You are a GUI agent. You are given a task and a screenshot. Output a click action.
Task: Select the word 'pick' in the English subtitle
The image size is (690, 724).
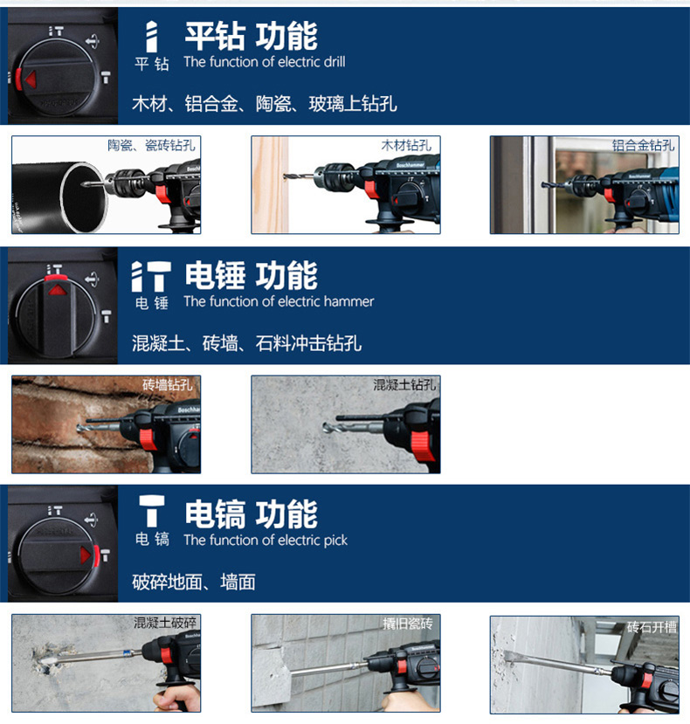[x=335, y=541]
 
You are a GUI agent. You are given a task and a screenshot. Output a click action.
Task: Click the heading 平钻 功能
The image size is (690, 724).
[x=252, y=36]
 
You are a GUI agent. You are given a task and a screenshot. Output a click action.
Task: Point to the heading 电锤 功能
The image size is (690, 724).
[x=252, y=275]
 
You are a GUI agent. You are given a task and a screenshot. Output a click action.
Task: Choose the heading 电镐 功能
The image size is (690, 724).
[x=252, y=514]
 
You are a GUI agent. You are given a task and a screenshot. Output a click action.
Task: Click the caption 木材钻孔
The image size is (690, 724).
[x=406, y=146]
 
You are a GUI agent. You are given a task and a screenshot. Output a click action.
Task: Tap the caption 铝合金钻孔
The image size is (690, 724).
[x=644, y=146]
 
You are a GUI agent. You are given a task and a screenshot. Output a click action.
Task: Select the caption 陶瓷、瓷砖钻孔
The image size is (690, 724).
[x=151, y=146]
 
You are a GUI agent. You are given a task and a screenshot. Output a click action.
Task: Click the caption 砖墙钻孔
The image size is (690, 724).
[x=168, y=384]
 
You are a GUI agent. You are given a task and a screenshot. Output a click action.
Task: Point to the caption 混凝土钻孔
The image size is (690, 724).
[x=404, y=384]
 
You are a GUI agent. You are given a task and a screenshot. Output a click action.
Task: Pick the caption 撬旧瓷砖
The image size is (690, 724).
[x=408, y=624]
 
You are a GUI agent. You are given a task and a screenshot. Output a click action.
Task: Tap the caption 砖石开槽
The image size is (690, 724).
[x=652, y=626]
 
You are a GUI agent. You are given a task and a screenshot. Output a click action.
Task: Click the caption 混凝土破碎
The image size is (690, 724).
[x=165, y=623]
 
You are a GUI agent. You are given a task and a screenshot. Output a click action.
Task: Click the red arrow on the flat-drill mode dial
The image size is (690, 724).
[x=31, y=79]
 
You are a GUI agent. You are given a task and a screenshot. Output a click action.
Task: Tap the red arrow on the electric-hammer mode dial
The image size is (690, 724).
[x=57, y=290]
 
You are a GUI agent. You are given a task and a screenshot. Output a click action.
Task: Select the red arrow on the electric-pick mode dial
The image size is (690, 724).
[x=85, y=555]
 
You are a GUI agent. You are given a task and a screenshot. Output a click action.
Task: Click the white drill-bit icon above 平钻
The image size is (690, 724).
[x=151, y=37]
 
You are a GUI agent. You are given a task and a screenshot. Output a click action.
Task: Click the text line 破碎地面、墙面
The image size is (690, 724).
[x=194, y=582]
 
